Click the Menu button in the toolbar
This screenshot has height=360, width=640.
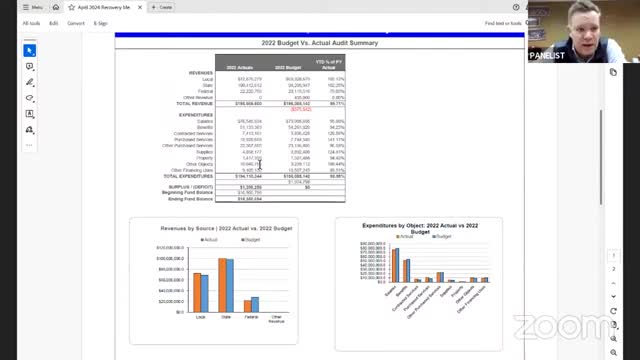click(x=33, y=7)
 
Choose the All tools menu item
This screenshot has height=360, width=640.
click(x=32, y=23)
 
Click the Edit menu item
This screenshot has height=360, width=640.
click(x=53, y=23)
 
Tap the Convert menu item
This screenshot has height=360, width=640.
click(x=76, y=23)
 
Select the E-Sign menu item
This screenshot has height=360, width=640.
click(x=100, y=23)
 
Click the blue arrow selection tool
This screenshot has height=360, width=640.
click(x=30, y=50)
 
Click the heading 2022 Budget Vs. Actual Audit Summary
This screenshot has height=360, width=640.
click(x=319, y=43)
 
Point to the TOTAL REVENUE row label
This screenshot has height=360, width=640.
click(x=194, y=103)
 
